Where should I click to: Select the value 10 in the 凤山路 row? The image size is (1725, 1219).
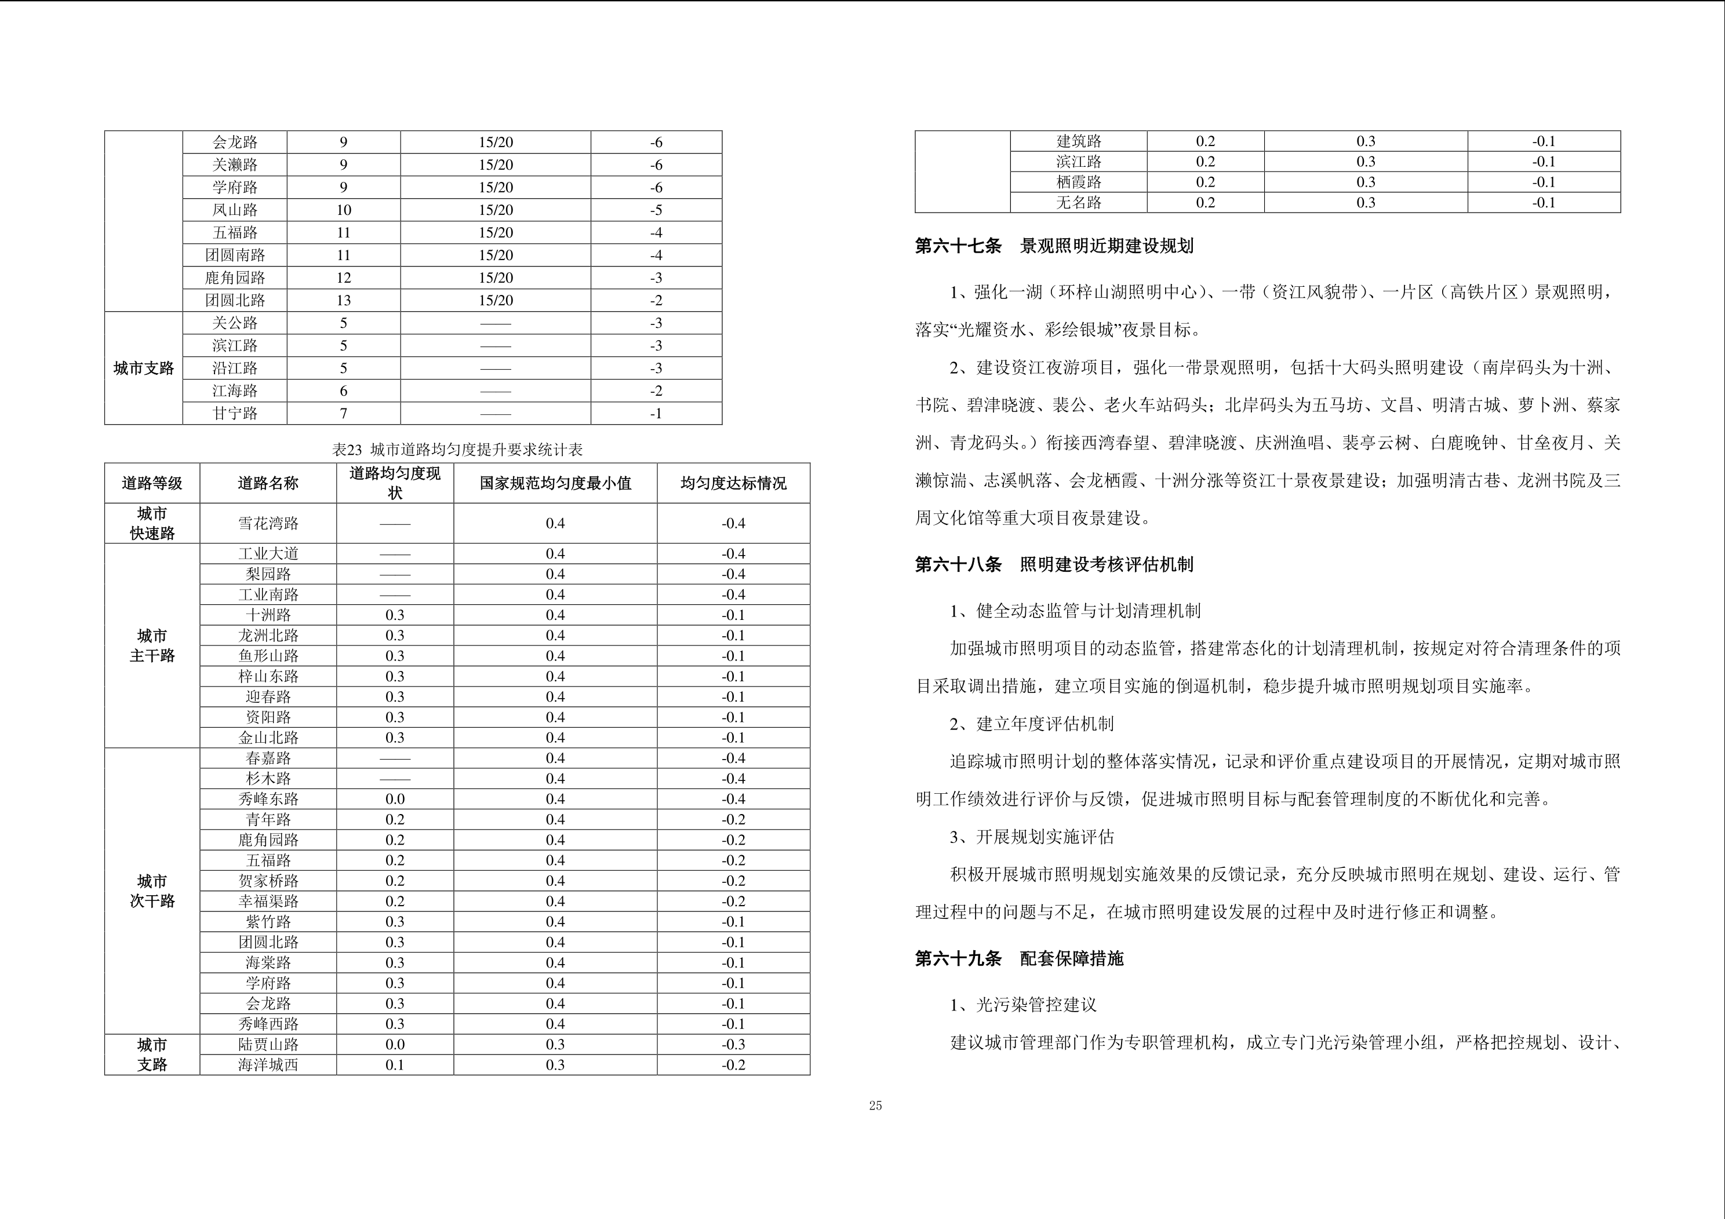click(343, 210)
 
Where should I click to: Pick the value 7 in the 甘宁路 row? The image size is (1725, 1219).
click(343, 413)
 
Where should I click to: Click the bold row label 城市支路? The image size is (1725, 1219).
click(144, 368)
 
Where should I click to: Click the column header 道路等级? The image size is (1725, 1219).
click(152, 483)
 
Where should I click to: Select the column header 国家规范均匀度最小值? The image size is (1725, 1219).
click(555, 483)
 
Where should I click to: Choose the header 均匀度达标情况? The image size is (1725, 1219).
click(733, 483)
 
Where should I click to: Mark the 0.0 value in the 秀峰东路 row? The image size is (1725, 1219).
click(394, 799)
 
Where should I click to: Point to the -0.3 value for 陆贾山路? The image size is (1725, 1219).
click(733, 1045)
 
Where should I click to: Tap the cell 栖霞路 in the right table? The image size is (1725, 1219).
click(1078, 182)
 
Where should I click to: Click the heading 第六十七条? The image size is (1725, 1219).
click(958, 246)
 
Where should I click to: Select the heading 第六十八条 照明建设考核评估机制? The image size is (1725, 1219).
click(1053, 565)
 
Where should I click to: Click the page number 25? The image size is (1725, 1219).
click(875, 1105)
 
